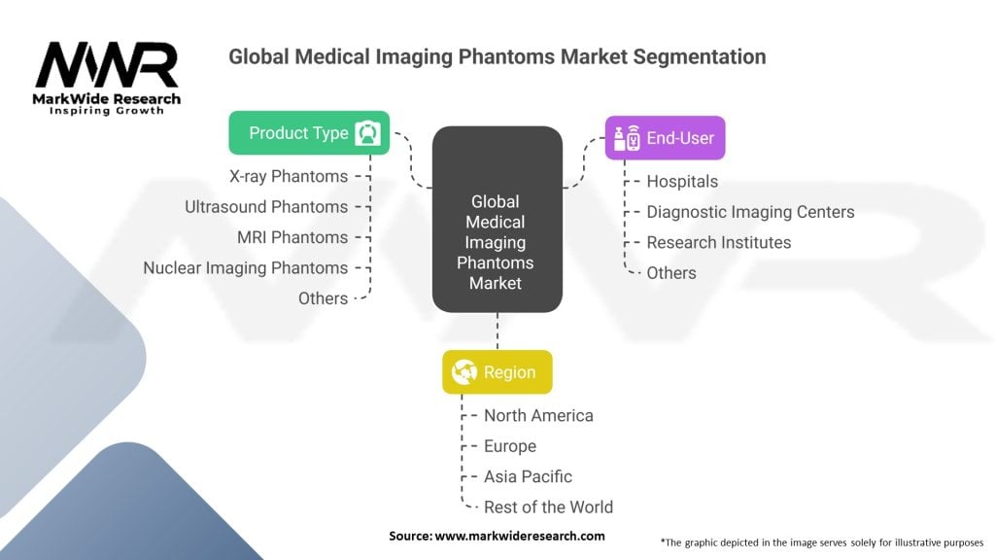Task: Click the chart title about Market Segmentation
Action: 497,56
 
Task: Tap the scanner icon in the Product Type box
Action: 368,133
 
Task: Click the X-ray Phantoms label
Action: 289,176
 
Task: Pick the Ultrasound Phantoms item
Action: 266,207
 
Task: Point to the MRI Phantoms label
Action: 292,237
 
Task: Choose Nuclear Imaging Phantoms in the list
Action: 245,267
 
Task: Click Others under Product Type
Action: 323,298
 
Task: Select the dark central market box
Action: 497,220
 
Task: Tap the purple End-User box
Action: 665,138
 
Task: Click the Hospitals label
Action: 682,181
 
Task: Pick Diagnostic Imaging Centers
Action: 750,212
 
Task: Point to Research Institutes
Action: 719,242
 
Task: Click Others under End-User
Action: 671,273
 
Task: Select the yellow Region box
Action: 497,372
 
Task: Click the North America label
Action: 538,415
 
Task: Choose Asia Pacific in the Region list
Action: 528,476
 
